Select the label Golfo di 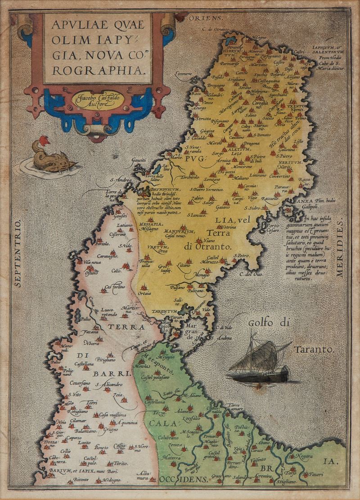point(269,322)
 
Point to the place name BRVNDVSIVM point(162,190)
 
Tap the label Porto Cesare point(273,228)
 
